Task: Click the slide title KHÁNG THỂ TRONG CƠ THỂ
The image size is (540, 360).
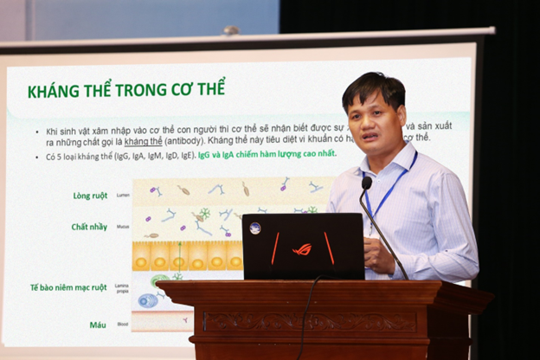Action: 126,90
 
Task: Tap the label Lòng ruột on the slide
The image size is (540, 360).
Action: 91,196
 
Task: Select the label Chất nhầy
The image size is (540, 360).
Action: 89,227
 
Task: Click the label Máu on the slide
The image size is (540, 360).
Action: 98,325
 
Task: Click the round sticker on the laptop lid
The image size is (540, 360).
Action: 255,228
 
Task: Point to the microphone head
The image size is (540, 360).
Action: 366,183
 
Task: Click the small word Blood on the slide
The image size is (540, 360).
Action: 122,325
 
